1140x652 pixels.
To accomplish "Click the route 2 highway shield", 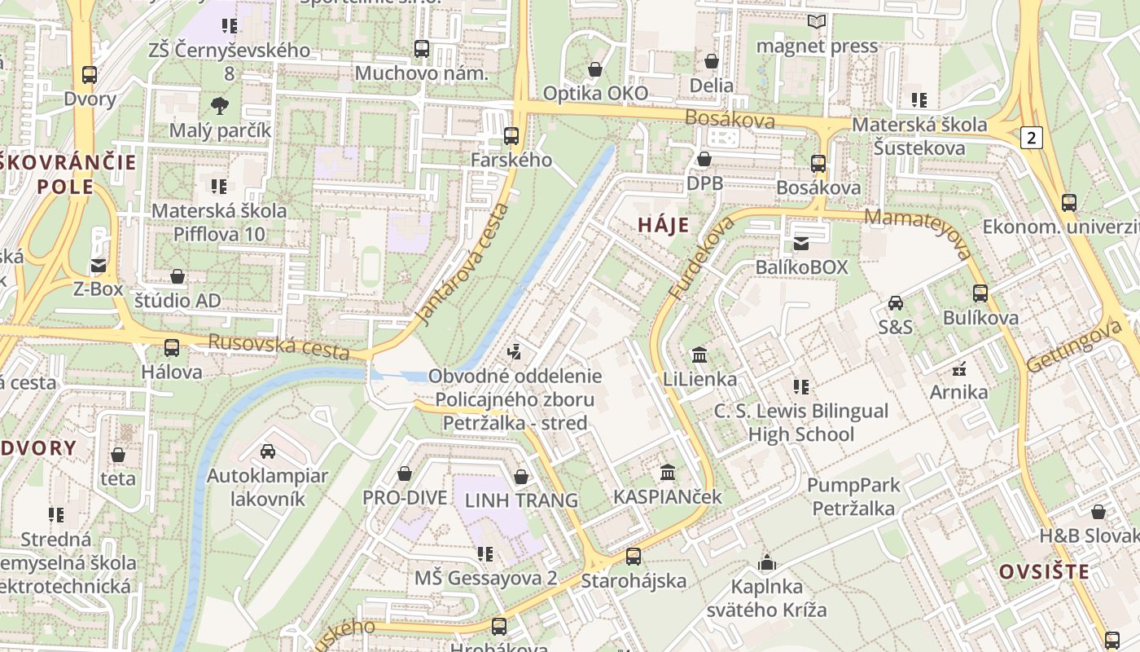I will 1032,137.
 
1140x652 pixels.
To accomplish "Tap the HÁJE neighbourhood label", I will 663,225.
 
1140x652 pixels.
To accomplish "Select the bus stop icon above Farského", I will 511,136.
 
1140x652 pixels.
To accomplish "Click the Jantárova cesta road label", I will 462,265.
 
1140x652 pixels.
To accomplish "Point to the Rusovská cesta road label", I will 278,346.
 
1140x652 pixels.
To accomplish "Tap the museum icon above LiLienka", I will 699,355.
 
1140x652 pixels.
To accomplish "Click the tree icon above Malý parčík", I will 220,105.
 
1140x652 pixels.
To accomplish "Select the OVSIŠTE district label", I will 1044,571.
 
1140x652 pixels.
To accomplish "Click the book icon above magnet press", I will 817,22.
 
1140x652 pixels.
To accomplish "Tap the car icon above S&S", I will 895,303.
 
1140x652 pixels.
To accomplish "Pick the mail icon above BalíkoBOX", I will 801,243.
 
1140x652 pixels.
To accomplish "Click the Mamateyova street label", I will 919,232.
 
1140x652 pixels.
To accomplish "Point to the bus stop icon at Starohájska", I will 633,557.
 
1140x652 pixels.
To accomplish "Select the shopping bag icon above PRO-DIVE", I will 404,474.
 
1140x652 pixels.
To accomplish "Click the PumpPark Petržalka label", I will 853,496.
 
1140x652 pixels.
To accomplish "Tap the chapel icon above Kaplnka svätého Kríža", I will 766,562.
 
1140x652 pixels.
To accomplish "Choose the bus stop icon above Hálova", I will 171,348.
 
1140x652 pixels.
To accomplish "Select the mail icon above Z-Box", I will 99,265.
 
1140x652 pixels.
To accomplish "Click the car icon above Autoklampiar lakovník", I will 267,452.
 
